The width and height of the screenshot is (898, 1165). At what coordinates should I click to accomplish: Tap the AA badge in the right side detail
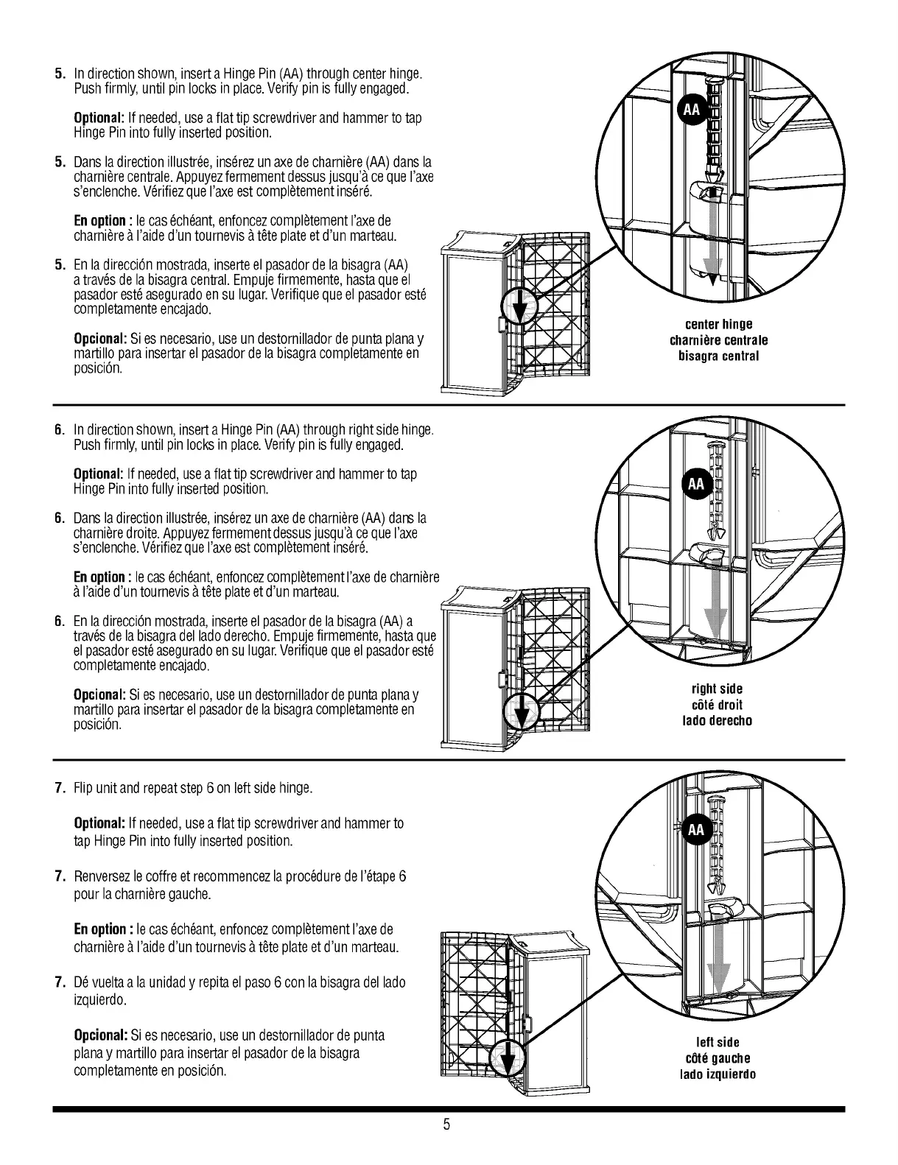pos(695,483)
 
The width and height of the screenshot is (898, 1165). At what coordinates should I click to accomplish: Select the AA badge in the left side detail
pos(695,830)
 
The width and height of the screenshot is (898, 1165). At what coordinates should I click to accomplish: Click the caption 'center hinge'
pos(718,324)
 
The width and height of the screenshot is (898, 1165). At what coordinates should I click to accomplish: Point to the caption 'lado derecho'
pos(717,720)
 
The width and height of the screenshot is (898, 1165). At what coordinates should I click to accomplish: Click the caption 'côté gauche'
pos(717,1058)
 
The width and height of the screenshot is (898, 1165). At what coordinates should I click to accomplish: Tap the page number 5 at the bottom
pos(446,1124)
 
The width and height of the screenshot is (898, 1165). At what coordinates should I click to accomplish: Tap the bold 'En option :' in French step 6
pos(102,577)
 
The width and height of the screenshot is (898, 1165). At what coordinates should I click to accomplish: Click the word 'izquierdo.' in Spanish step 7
pos(99,1000)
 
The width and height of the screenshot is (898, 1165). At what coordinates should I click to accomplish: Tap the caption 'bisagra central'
pos(718,356)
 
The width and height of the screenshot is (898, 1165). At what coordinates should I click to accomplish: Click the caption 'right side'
pos(717,689)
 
